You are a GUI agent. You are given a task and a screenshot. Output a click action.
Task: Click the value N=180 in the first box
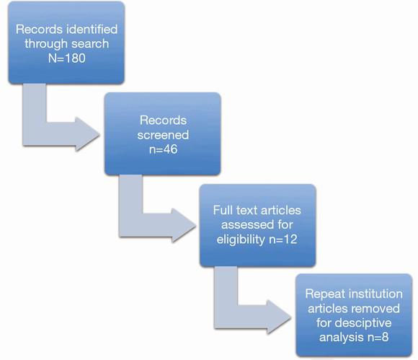tap(66, 58)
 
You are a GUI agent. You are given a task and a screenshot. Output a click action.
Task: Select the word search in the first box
tap(91, 43)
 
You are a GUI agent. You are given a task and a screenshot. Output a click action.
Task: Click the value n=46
tap(163, 149)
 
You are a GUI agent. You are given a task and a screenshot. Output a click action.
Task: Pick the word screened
tap(163, 135)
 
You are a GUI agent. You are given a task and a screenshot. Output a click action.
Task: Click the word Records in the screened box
tap(163, 120)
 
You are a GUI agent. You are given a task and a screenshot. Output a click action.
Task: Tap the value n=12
tap(283, 239)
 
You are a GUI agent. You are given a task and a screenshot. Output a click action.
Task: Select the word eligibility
tap(241, 240)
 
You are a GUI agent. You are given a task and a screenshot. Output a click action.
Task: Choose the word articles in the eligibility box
tap(280, 210)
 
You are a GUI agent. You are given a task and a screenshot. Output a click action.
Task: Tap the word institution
tap(377, 294)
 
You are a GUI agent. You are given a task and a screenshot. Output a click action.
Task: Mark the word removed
tap(378, 309)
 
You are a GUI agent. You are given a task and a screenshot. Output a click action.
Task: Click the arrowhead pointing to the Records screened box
tap(87, 134)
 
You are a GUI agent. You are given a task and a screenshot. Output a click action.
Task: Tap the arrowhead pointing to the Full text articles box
tap(184, 225)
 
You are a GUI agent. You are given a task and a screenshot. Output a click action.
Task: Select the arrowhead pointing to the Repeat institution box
tap(279, 317)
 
